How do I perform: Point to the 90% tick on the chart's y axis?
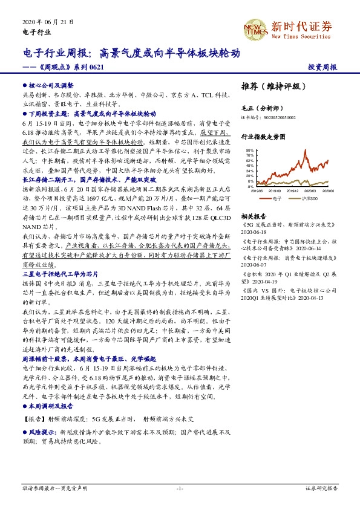[250, 149]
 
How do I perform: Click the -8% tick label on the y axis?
[250, 187]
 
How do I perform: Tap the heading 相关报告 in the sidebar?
[254, 216]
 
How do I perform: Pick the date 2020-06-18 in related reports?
[254, 231]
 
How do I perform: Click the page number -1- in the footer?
[179, 487]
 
